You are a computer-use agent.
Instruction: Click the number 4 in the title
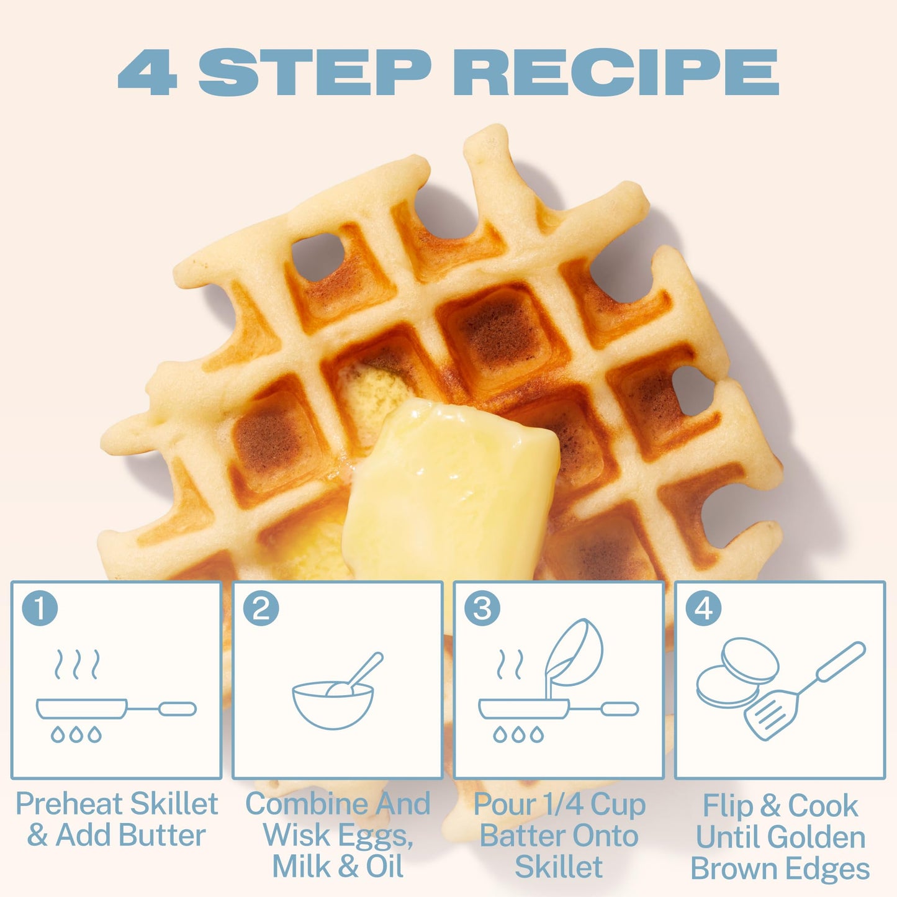coord(147,72)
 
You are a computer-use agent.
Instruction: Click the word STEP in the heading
coord(315,72)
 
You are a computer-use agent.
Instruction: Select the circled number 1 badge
coord(40,608)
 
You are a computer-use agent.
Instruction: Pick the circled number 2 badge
coord(261,608)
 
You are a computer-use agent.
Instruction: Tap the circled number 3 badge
coord(482,608)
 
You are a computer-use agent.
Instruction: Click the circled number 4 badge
coord(703,608)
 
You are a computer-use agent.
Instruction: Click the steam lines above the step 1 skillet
coord(77,664)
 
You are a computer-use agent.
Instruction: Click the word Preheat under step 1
coord(70,804)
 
